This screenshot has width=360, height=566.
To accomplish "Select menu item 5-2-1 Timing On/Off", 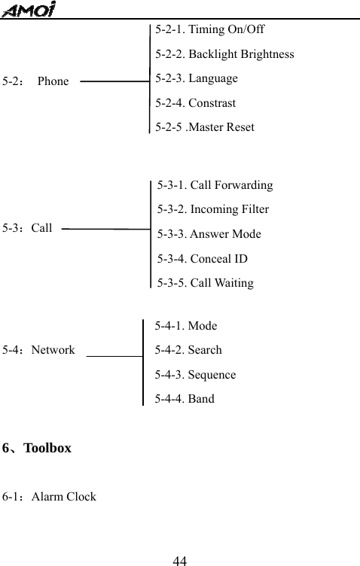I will [209, 30].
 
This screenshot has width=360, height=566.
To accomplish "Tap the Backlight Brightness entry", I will [224, 54].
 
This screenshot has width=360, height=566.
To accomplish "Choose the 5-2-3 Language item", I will [197, 78].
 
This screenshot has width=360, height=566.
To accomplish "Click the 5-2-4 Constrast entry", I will [195, 102].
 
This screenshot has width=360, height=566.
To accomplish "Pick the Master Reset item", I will [205, 126].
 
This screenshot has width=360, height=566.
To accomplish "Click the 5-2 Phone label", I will [35, 81].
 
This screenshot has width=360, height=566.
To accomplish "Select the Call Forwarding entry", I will [215, 185].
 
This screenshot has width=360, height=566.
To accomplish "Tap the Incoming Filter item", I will [213, 209].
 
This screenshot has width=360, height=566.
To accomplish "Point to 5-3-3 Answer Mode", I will [209, 234].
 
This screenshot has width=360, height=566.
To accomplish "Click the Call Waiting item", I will [206, 283].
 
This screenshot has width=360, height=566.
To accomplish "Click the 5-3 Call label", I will [28, 227].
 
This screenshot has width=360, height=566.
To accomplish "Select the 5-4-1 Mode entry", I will [186, 326].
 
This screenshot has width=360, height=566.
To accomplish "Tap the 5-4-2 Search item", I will [188, 350].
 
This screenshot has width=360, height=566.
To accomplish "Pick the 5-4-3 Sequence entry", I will [195, 374].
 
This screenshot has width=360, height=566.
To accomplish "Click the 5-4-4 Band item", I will [185, 399].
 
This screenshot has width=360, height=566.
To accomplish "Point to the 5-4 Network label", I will [38, 350].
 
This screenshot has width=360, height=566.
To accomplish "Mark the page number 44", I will [180, 560].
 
